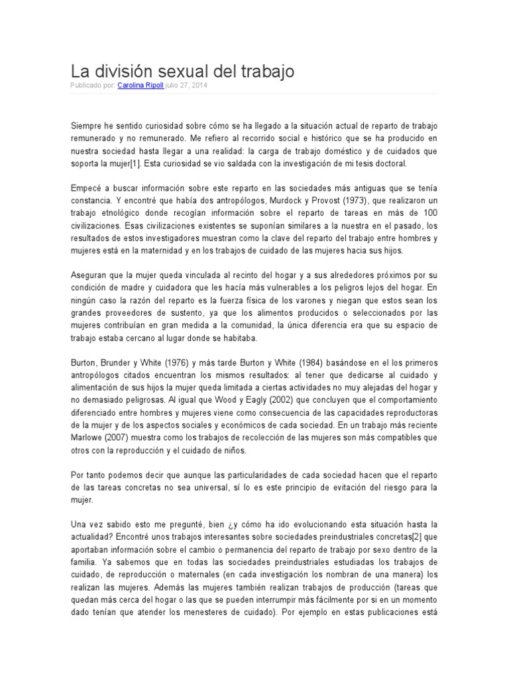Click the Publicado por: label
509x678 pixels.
[x=93, y=85]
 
